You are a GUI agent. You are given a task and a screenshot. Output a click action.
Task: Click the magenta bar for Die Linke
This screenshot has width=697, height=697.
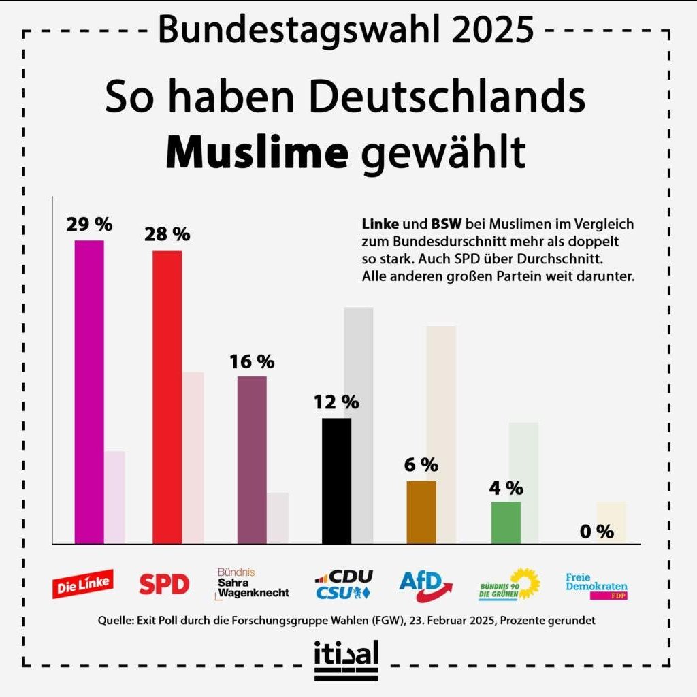89,391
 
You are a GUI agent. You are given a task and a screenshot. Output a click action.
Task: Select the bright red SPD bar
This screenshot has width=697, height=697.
167,397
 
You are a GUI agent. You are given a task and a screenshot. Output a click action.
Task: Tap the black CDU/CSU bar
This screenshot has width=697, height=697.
336,481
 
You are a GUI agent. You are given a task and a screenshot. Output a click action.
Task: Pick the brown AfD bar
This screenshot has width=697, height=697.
421,512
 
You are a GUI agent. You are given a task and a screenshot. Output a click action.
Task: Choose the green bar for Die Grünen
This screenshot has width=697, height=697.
506,523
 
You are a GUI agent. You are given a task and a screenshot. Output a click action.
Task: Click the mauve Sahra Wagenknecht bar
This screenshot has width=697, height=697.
251,459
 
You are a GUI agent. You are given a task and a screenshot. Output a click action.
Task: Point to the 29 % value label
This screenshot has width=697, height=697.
89,224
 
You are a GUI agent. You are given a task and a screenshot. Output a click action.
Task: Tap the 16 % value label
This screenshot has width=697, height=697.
251,361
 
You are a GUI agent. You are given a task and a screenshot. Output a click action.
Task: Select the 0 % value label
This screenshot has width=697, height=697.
597,532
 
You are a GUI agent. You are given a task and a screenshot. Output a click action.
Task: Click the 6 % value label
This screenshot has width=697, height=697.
421,465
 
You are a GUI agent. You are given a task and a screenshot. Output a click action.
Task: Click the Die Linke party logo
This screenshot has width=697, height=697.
83,584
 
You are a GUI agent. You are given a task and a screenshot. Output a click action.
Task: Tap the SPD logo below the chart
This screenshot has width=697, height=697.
164,584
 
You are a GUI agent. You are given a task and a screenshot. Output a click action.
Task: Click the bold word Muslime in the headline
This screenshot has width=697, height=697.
257,154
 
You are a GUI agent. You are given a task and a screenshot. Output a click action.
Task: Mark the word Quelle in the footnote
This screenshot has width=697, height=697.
114,621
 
